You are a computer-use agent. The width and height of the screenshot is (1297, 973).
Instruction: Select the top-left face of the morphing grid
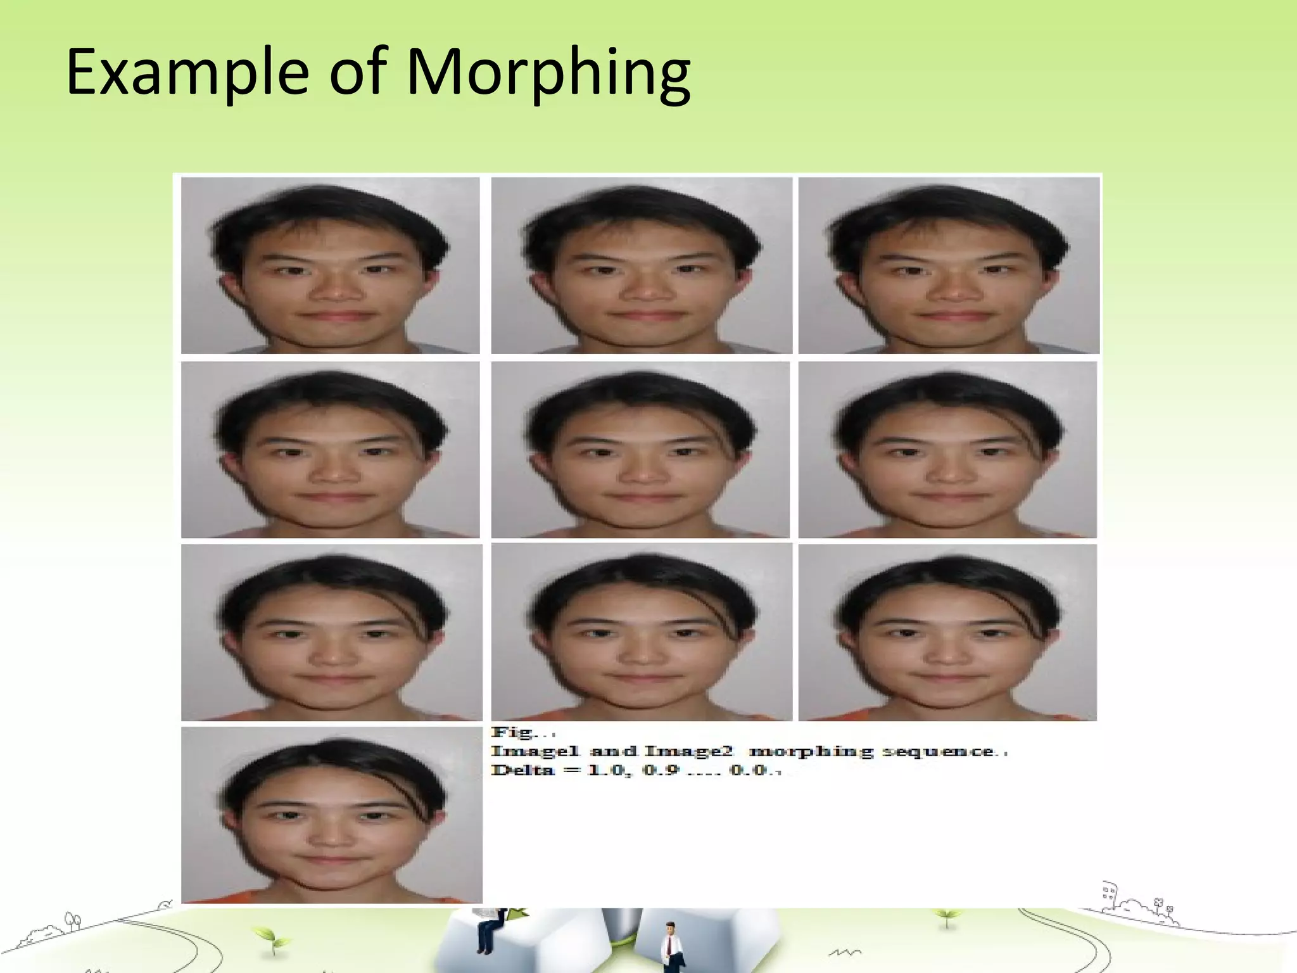point(330,265)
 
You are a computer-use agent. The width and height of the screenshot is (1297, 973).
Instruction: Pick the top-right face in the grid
point(949,265)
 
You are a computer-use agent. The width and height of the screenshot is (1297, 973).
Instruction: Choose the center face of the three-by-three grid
point(640,450)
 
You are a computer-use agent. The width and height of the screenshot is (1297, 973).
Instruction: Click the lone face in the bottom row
point(331,815)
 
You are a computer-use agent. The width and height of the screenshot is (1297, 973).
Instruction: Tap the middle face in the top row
point(641,265)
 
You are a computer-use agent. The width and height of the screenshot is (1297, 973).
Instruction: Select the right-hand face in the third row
point(947,632)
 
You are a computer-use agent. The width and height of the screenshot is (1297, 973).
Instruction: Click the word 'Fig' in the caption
point(512,733)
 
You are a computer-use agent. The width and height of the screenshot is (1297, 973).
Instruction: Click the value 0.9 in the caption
point(662,770)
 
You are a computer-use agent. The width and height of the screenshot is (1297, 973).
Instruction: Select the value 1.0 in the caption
point(607,770)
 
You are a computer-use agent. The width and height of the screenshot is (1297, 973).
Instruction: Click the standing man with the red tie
point(669,946)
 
